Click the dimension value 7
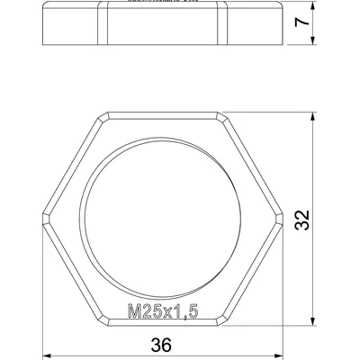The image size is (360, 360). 301,22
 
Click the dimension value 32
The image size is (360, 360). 301,220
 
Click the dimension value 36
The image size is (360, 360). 161,345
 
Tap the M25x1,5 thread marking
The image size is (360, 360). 163,310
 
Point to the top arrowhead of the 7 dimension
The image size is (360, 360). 313,7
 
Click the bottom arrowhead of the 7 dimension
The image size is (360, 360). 313,40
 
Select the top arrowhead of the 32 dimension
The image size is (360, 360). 313,117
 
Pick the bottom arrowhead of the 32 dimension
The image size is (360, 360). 313,320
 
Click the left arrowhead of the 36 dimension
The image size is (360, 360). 48,356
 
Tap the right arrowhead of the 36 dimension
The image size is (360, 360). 278,356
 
